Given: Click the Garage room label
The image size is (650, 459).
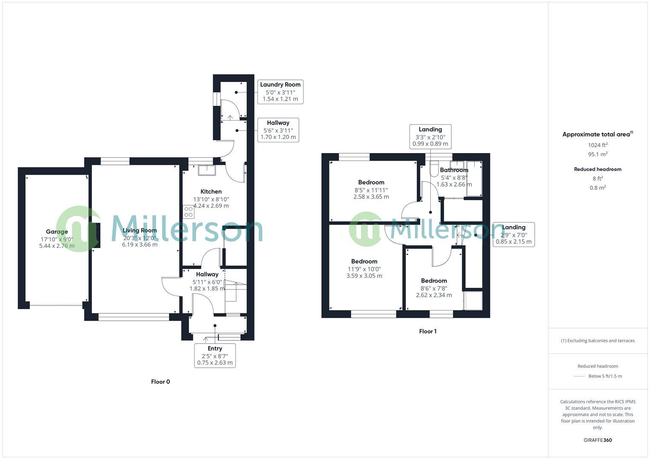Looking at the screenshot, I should click(57, 232).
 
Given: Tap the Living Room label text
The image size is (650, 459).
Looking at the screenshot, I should click(140, 230).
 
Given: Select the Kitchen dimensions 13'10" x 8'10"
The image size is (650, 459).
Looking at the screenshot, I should click(211, 199).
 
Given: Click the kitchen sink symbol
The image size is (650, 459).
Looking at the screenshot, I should click(206, 170).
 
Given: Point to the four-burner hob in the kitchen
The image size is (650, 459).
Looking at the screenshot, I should click(189, 212).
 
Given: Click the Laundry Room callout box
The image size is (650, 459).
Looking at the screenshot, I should click(280, 92).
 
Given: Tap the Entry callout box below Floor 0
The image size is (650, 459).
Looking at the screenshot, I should click(215, 355).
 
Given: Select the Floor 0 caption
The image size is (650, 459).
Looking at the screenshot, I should click(160, 382).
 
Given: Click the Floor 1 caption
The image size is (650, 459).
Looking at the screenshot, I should click(428, 331).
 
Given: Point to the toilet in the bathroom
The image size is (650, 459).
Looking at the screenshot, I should click(434, 168).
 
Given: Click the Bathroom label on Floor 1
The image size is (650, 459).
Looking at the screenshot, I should click(454, 170).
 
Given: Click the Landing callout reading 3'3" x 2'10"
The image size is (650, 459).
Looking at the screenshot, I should click(430, 136).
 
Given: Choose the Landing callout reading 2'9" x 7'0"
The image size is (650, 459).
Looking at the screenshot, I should click(513, 234).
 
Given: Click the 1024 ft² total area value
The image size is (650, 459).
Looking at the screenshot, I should click(598, 145).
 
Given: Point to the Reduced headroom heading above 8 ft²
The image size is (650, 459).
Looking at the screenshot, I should click(598, 169).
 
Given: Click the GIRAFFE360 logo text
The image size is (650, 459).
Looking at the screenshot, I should click(598, 440).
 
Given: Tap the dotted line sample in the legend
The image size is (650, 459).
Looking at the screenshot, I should click(579, 376).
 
